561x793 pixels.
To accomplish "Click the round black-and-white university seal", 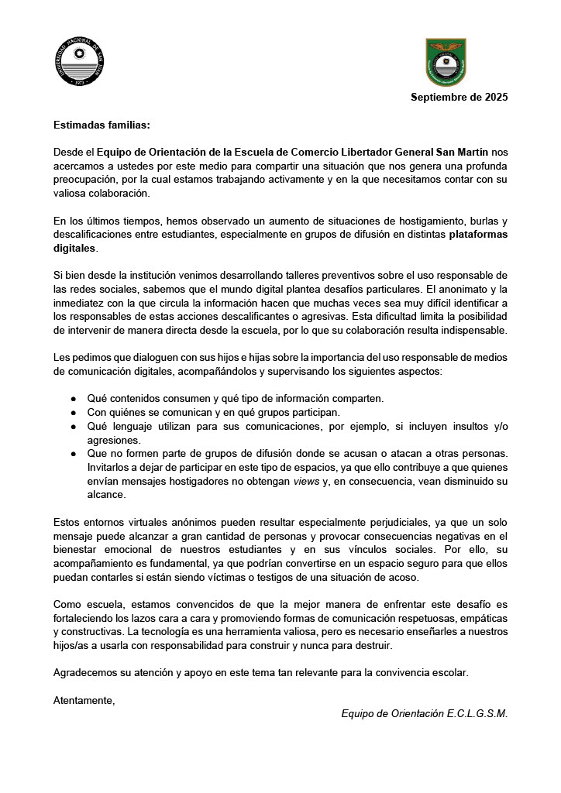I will pos(80,62).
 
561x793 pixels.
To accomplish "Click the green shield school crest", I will pos(446,62).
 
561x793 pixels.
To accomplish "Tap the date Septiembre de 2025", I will pos(459,98).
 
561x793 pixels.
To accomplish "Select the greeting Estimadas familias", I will pos(102,124).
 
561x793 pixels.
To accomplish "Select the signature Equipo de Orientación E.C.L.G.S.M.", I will pos(425,713).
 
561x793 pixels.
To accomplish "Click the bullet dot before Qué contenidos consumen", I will pos(74,399).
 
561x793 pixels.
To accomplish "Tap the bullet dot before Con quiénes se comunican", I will pos(74,412).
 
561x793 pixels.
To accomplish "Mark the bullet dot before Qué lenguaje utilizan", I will pos(74,426).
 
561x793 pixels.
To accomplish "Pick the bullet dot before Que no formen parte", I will pos(74,453).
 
